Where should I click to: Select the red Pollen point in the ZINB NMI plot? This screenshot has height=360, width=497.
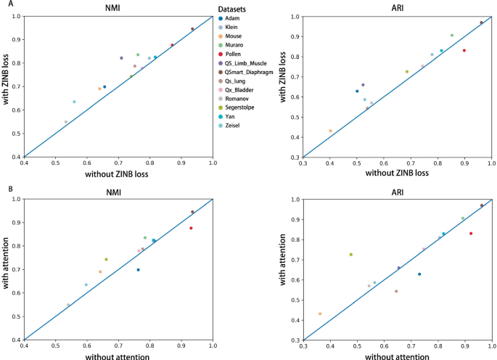coord(172,45)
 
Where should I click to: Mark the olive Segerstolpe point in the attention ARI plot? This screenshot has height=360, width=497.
coord(350,255)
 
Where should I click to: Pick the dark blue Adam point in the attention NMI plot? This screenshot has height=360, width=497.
coord(138,270)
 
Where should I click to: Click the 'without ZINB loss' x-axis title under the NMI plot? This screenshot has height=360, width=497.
coord(118,173)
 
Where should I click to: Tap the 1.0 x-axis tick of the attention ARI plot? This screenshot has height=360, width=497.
coord(491,348)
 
